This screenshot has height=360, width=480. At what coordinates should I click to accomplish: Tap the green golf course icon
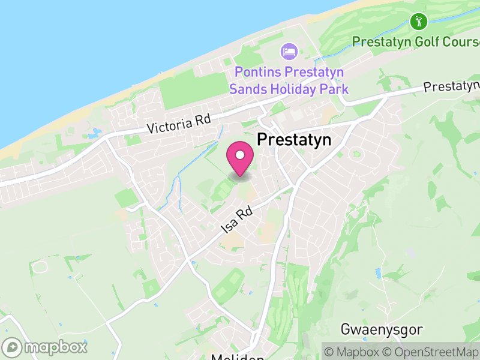click(x=418, y=22)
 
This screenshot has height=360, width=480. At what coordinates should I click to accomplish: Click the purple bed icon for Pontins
click(x=289, y=51)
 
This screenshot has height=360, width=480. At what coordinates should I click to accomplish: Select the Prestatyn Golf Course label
click(x=415, y=41)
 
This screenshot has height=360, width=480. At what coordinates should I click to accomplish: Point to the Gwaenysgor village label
click(x=382, y=329)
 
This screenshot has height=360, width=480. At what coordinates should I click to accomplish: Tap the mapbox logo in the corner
click(x=46, y=347)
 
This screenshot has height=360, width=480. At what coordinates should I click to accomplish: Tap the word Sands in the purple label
click(x=247, y=89)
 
